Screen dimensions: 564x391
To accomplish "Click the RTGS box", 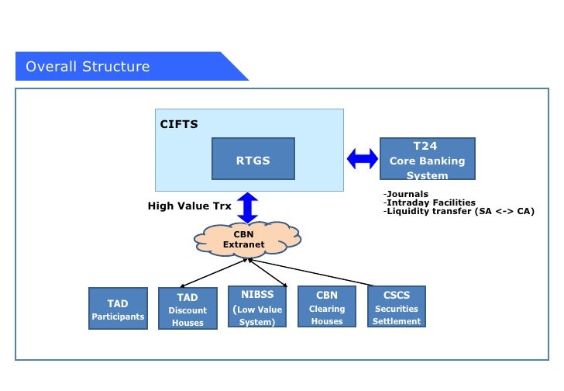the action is tap(253, 158).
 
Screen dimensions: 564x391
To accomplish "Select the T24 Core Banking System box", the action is tap(428, 158).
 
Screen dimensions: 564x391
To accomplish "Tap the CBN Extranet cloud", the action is tap(247, 240).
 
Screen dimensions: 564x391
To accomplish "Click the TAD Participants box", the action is tap(118, 308).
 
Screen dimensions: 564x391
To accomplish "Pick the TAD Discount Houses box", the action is tap(187, 308).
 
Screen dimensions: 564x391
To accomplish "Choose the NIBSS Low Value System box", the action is tap(257, 306).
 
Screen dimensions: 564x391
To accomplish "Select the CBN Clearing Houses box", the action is tap(327, 306).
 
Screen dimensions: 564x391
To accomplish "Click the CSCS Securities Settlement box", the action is tap(397, 306).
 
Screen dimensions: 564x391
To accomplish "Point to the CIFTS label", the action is tap(179, 124).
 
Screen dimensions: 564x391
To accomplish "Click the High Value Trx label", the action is tap(190, 206).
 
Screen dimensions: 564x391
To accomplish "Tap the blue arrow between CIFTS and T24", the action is tap(363, 159).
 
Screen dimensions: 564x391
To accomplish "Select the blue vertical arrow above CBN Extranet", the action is tap(247, 208).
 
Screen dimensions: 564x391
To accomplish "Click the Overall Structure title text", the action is tap(88, 67).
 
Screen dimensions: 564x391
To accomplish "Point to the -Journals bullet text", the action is tap(406, 194).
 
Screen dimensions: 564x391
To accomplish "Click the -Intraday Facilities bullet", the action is tap(429, 202).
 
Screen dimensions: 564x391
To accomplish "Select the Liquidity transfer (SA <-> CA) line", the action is tap(459, 211).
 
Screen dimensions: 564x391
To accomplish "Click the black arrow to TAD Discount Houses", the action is tap(214, 273).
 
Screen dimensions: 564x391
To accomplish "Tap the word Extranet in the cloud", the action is tap(243, 244).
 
